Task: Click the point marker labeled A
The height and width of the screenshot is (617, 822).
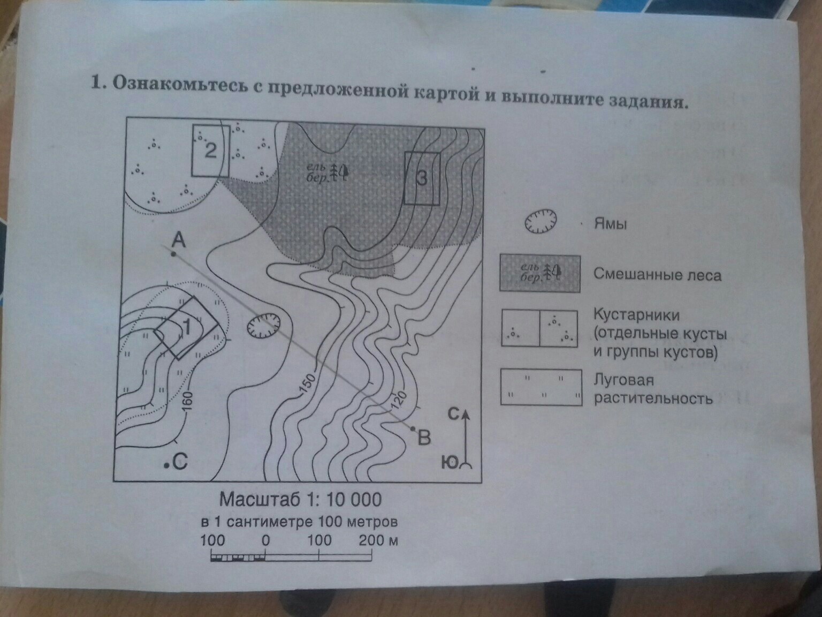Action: coord(173,253)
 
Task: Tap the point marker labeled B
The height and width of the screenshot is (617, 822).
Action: coord(413,428)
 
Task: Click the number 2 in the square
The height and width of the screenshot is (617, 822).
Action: coord(210,151)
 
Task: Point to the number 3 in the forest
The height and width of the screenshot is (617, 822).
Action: coord(422,178)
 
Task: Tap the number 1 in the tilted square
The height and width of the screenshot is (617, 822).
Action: coord(186,326)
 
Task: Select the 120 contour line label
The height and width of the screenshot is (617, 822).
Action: coord(399,400)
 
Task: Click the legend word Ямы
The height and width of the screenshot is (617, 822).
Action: coord(610,223)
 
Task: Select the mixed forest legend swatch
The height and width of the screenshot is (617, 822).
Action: coord(539,273)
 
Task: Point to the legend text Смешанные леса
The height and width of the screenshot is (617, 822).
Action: coord(657,275)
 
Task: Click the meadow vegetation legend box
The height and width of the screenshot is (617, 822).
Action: coord(541,387)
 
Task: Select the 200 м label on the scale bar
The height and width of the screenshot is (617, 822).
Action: coord(378,540)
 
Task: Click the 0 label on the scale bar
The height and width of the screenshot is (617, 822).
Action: coord(265,540)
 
